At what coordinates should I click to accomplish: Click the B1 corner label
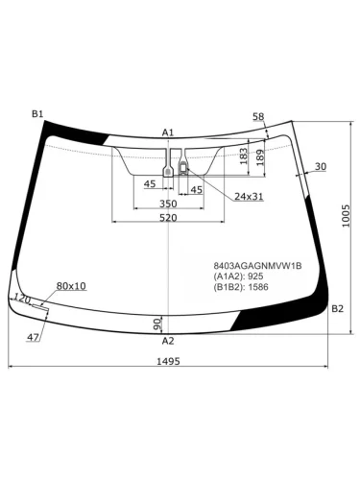(37, 114)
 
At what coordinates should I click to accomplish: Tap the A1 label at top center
(168, 132)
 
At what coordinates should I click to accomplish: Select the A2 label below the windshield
(168, 341)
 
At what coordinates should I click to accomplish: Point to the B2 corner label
(337, 308)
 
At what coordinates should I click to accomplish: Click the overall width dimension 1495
(167, 361)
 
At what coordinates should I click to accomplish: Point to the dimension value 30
(320, 167)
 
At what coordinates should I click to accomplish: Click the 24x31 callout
(249, 197)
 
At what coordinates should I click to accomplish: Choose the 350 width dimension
(167, 204)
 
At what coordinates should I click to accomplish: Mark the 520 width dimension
(167, 219)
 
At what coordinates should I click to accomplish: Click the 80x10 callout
(71, 286)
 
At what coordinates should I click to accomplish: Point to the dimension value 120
(23, 300)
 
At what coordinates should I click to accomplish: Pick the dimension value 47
(33, 337)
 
